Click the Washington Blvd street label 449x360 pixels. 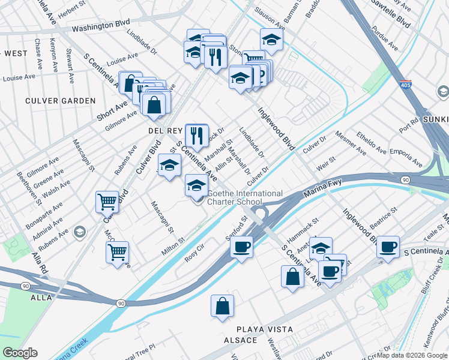point(101,28)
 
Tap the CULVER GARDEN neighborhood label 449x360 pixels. point(60,101)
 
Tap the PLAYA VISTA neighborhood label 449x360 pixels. point(265,329)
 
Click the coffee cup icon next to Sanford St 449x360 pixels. point(241,246)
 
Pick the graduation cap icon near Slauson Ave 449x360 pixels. point(271,40)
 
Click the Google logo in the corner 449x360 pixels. point(20,352)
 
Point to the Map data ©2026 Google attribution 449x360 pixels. point(412,355)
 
